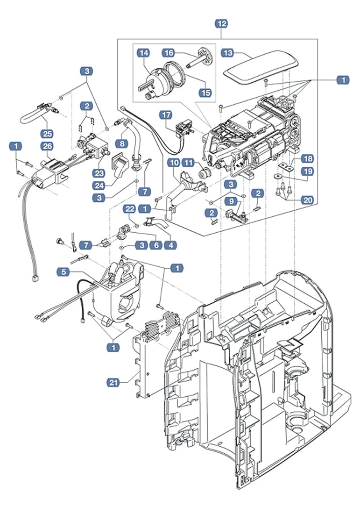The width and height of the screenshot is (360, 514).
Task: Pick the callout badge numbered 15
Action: (x=205, y=92)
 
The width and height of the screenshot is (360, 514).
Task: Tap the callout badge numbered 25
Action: (x=46, y=126)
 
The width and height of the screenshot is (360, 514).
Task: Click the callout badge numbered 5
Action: (x=63, y=271)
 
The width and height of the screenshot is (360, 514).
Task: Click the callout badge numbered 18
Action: (x=307, y=158)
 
